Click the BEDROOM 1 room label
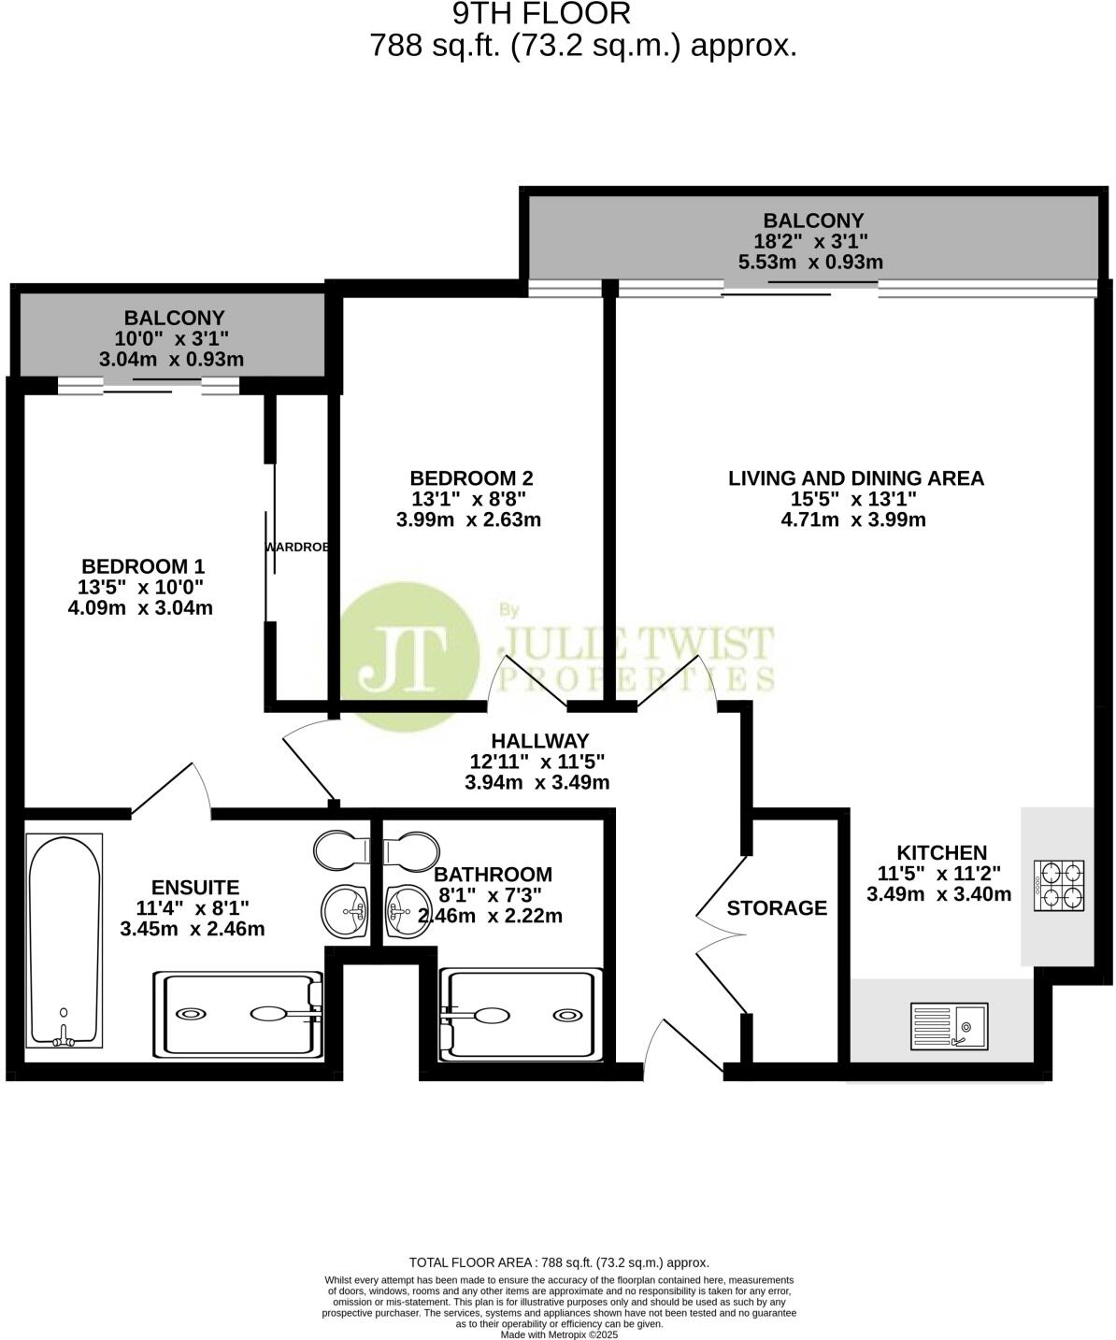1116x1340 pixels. click(x=143, y=566)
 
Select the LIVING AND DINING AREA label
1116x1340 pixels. click(x=855, y=478)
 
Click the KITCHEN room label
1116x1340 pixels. click(x=941, y=852)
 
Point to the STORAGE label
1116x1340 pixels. click(x=777, y=908)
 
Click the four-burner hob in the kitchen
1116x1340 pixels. click(x=1059, y=886)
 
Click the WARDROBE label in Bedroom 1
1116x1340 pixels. click(x=297, y=547)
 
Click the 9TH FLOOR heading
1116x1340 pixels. click(x=541, y=14)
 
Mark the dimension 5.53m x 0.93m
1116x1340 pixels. click(x=810, y=263)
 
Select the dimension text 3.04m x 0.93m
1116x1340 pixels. click(x=171, y=360)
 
